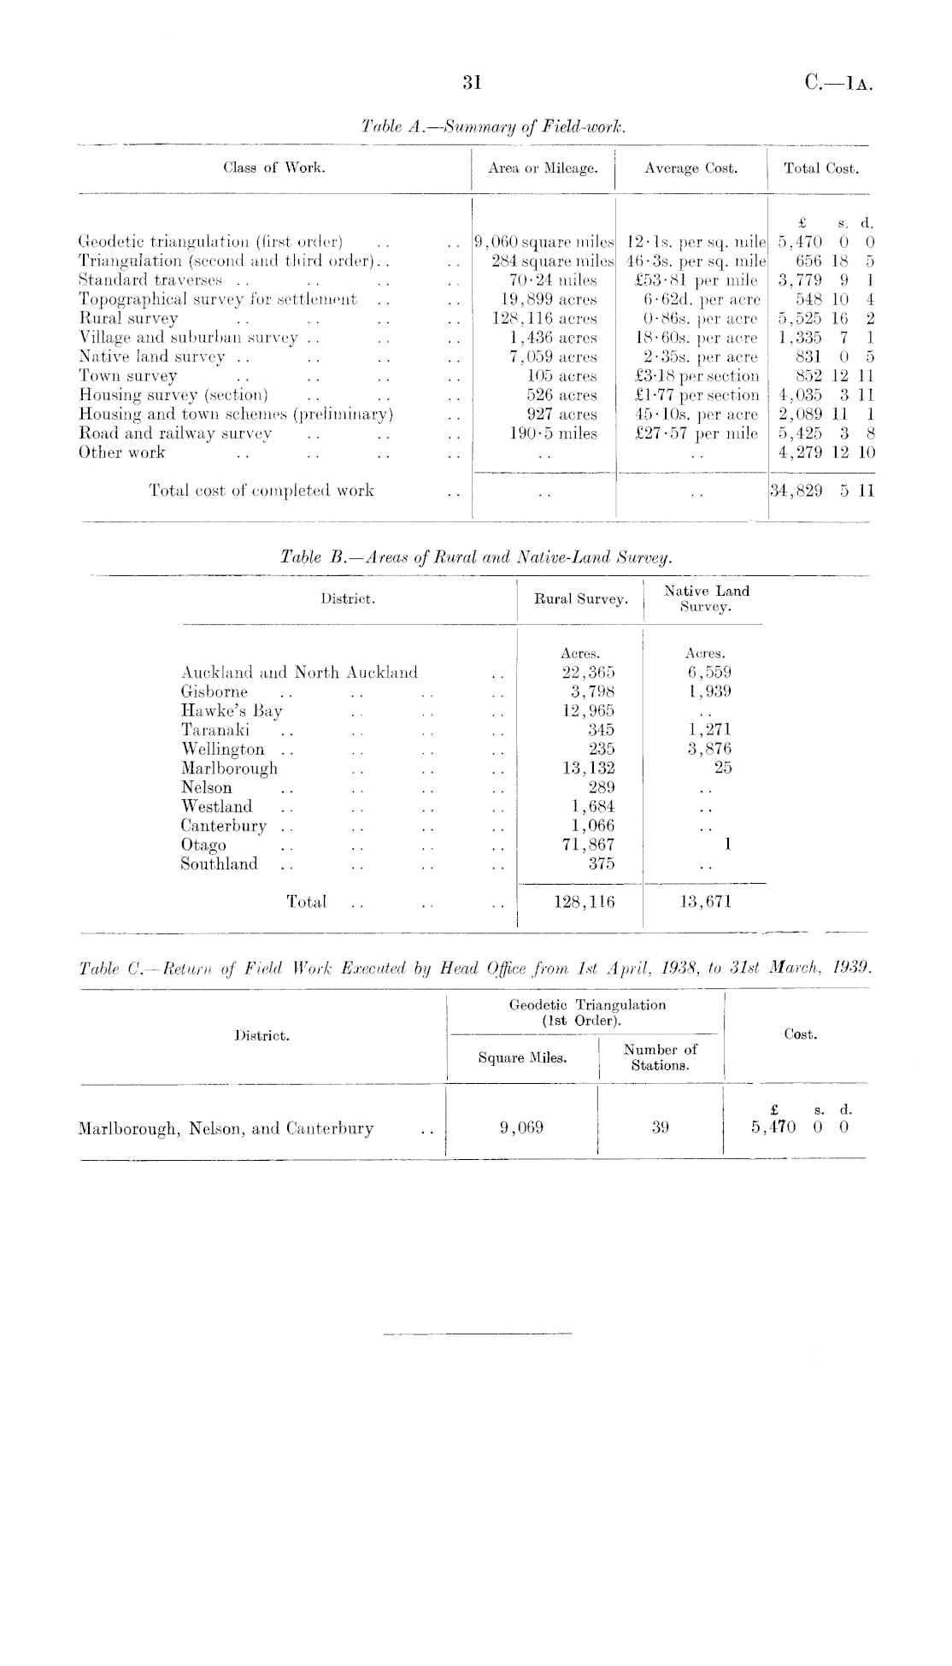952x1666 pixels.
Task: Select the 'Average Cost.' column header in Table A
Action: pyautogui.click(x=690, y=168)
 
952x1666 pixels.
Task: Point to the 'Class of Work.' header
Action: pyautogui.click(x=273, y=168)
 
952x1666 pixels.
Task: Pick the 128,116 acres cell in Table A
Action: pyautogui.click(x=544, y=318)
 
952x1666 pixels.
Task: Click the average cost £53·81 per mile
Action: pyautogui.click(x=691, y=280)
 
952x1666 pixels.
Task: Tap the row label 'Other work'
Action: pyautogui.click(x=121, y=452)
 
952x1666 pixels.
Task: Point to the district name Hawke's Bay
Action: pyautogui.click(x=232, y=710)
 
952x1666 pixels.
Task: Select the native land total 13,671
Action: pyautogui.click(x=705, y=901)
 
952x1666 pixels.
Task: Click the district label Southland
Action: pyautogui.click(x=219, y=863)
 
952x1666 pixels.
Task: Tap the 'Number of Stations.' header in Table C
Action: pyautogui.click(x=660, y=1057)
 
